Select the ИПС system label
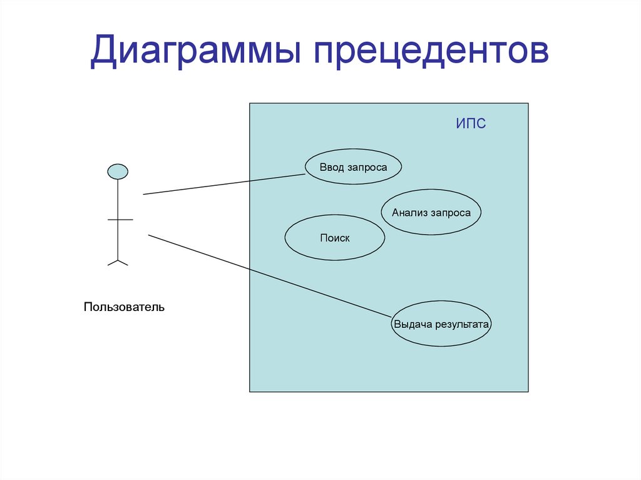pyautogui.click(x=471, y=124)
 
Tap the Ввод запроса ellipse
pyautogui.click(x=353, y=167)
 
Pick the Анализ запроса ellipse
pyautogui.click(x=431, y=213)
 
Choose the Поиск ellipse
pyautogui.click(x=334, y=238)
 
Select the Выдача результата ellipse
pyautogui.click(x=441, y=324)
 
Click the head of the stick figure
pyautogui.click(x=118, y=171)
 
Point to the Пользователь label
pyautogui.click(x=124, y=307)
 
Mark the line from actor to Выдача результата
pyautogui.click(x=269, y=275)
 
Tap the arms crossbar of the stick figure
pyautogui.click(x=120, y=220)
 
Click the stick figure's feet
pyautogui.click(x=118, y=262)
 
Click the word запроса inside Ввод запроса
pyautogui.click(x=367, y=168)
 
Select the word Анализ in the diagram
pyautogui.click(x=409, y=213)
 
